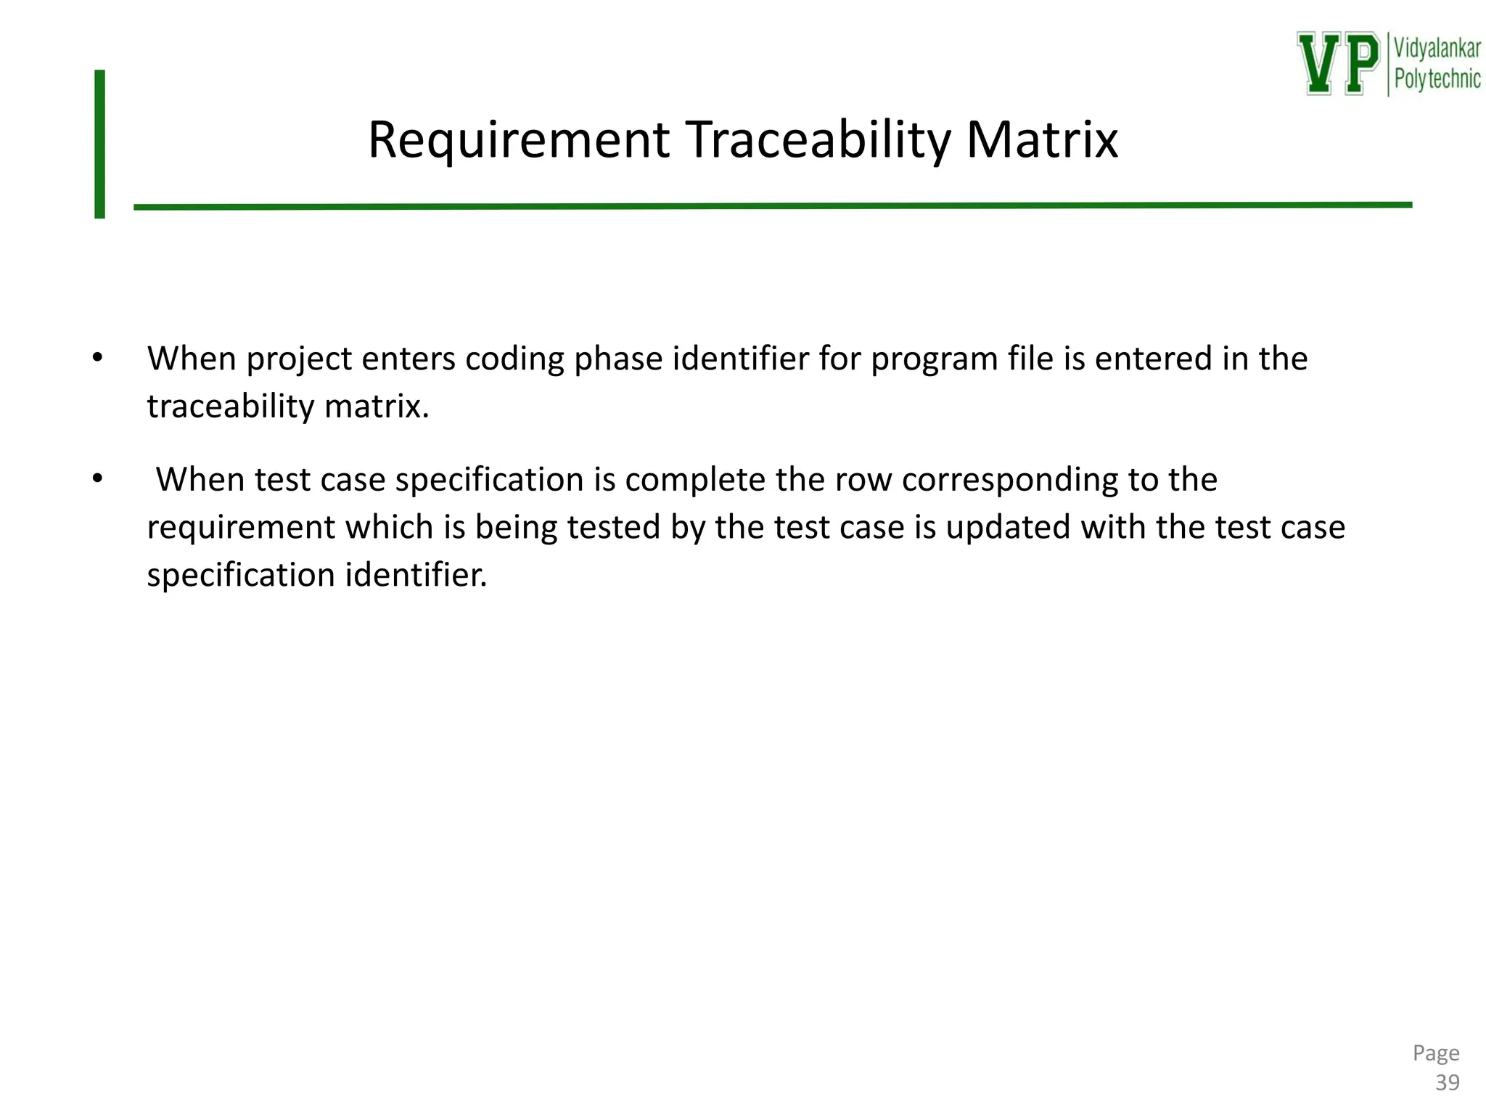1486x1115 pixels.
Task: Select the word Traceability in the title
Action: pyautogui.click(x=817, y=140)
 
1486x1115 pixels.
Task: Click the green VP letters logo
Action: pyautogui.click(x=1338, y=63)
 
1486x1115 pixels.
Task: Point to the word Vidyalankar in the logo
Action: pyautogui.click(x=1437, y=49)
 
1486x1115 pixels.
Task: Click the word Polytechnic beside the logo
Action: pyautogui.click(x=1437, y=79)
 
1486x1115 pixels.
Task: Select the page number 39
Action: pyautogui.click(x=1447, y=1083)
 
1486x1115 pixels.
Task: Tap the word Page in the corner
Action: pyautogui.click(x=1436, y=1053)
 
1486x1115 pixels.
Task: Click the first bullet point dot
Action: pyautogui.click(x=98, y=358)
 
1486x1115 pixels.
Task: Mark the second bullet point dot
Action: pyautogui.click(x=98, y=479)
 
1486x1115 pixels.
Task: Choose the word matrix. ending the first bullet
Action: pyautogui.click(x=377, y=407)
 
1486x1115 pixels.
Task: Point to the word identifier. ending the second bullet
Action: pyautogui.click(x=416, y=575)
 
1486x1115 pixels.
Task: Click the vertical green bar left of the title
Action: pyautogui.click(x=100, y=144)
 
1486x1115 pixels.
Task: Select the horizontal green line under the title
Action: pyautogui.click(x=773, y=206)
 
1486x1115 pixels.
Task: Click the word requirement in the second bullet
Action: pyautogui.click(x=241, y=528)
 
